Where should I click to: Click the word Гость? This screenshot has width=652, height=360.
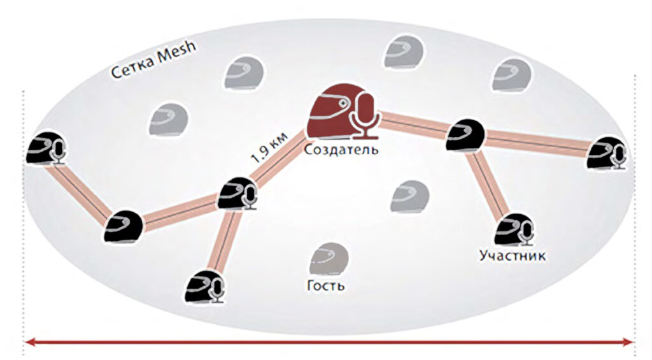[x=326, y=285]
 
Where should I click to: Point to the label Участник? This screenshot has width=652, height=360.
[x=512, y=256]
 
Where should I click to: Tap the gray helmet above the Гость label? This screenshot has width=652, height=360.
[x=328, y=259]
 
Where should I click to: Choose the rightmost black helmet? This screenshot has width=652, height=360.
[x=606, y=153]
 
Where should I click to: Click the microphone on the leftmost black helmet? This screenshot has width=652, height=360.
[x=59, y=152]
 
